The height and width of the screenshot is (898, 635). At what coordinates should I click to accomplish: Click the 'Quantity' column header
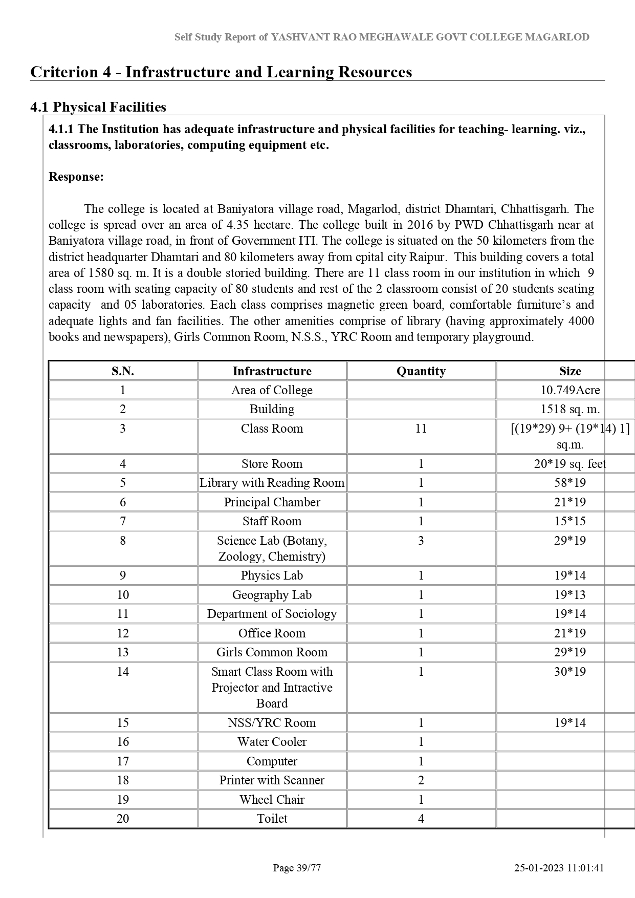click(421, 371)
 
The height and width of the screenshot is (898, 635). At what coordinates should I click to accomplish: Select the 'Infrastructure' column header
click(272, 371)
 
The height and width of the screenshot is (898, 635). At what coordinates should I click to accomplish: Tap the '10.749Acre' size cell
click(570, 390)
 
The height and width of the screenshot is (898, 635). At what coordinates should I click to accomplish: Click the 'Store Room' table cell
click(272, 464)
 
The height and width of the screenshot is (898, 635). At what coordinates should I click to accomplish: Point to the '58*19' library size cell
click(570, 483)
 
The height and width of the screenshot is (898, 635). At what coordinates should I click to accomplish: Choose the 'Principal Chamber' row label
click(272, 502)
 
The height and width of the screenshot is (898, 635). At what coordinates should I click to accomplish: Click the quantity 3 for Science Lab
click(421, 541)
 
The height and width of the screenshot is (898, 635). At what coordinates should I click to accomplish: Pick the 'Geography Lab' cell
click(272, 595)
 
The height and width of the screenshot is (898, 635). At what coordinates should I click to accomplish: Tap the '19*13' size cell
click(570, 595)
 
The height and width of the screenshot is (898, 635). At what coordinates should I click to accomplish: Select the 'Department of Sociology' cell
click(272, 614)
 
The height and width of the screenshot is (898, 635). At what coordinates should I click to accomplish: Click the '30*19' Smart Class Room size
click(570, 672)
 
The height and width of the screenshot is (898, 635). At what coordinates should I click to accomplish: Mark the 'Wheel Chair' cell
click(272, 800)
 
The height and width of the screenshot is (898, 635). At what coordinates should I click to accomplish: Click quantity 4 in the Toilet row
click(421, 819)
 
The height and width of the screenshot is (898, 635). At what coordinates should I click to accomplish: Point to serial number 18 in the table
click(123, 780)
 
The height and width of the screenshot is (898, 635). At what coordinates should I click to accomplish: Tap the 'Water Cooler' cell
click(272, 742)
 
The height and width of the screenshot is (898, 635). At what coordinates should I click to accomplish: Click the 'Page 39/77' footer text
click(297, 868)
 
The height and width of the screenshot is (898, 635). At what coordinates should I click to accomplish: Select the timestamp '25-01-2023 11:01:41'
click(559, 868)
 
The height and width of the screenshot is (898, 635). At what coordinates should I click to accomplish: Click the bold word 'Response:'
click(76, 177)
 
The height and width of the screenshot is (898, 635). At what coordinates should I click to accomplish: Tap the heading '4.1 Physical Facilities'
click(98, 107)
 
